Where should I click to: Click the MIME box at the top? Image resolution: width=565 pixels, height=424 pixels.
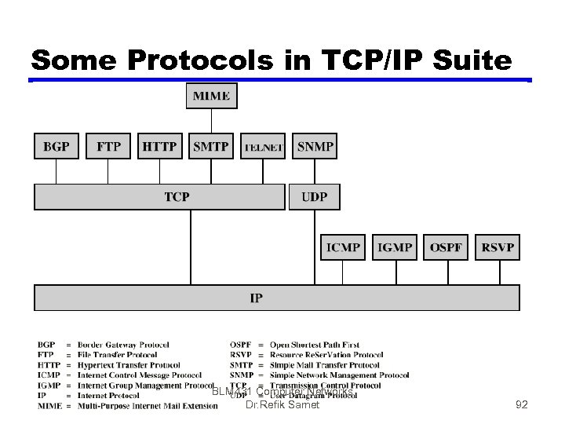coord(211,96)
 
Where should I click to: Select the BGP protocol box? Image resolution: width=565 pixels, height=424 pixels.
coord(56,146)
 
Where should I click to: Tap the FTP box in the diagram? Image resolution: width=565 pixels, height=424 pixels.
coord(108,146)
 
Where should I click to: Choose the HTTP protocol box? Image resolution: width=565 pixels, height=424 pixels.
coord(160,146)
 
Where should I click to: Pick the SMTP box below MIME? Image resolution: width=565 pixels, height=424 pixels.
coord(211,146)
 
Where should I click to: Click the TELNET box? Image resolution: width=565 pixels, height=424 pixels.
coord(263,147)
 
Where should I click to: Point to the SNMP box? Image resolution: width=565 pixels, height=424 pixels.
coord(315,146)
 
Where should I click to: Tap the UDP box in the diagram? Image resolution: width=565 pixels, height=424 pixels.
coord(315,196)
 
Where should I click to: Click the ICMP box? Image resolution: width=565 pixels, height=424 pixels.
coord(343,247)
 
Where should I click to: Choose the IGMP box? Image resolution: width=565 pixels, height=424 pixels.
coord(395,247)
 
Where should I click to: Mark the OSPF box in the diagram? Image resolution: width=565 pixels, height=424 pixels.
coord(447,247)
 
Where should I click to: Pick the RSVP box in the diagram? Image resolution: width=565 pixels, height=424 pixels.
coord(498,247)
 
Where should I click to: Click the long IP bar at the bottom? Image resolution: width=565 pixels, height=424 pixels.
coord(276,298)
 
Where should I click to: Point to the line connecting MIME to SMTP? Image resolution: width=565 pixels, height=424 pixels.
coord(211,121)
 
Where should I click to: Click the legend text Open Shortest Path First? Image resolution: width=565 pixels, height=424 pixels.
coord(315,345)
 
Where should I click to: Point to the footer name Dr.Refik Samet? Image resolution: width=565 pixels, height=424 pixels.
coord(282,405)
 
